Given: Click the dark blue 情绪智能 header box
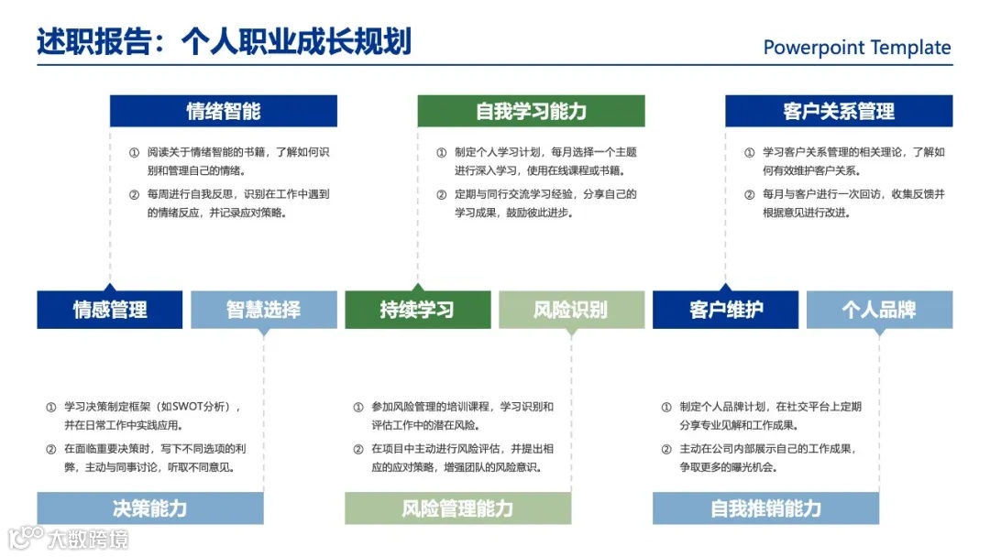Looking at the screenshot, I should click(x=224, y=111).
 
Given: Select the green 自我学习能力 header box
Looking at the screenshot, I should click(x=531, y=111).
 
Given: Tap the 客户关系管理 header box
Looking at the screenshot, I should click(x=839, y=111).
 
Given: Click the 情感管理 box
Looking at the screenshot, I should click(x=110, y=310).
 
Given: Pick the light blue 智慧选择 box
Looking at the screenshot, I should click(x=263, y=310).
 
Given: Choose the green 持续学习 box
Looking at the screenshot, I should click(x=417, y=310).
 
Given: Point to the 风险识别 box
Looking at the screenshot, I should click(x=570, y=310).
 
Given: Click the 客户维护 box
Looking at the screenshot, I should click(x=725, y=310).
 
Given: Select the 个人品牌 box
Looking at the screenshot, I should click(x=879, y=310).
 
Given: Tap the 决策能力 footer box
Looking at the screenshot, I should click(x=149, y=508).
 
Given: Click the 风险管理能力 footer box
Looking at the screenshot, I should click(x=457, y=508).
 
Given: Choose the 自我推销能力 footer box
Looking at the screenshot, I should click(x=765, y=508).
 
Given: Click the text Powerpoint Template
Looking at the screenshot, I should click(x=857, y=48).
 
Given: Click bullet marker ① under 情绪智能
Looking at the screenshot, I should click(x=134, y=153).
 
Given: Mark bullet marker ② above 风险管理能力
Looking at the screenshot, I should click(x=358, y=449).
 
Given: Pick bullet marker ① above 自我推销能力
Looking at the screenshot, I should click(x=666, y=407).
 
